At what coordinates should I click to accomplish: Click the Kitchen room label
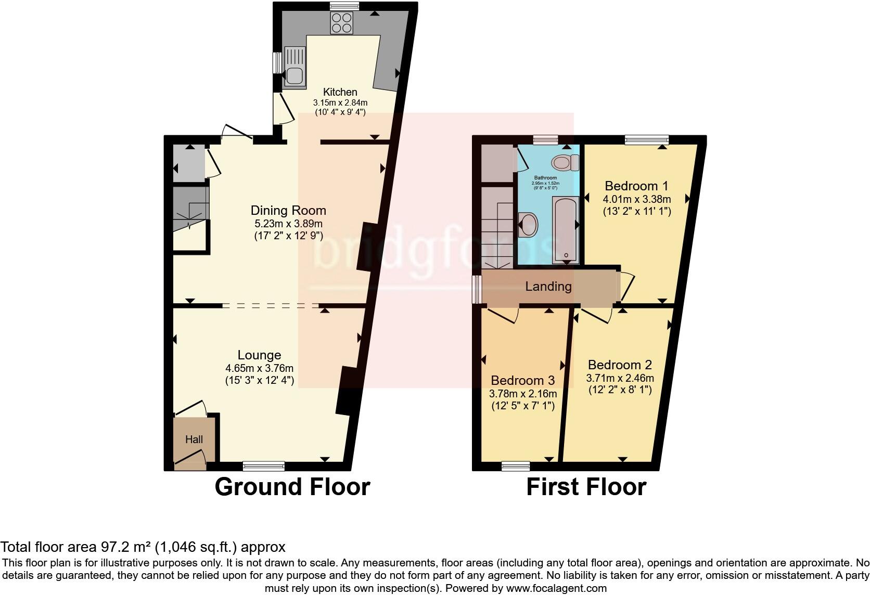(x=340, y=92)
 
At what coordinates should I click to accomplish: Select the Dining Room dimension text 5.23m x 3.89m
(x=288, y=224)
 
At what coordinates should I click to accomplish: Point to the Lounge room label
(x=259, y=355)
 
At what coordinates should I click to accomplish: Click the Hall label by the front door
(x=194, y=439)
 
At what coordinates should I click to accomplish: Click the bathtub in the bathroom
(x=565, y=229)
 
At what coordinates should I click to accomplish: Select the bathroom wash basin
(x=530, y=224)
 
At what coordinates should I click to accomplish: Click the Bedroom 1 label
(x=636, y=186)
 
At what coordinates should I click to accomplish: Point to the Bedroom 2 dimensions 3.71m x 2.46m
(x=620, y=378)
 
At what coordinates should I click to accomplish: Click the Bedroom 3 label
(x=522, y=380)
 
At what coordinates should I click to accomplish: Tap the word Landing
(x=548, y=286)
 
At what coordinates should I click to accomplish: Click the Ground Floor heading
(x=292, y=487)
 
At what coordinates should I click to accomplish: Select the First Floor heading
(x=586, y=487)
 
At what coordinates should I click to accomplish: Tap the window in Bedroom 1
(x=646, y=139)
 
